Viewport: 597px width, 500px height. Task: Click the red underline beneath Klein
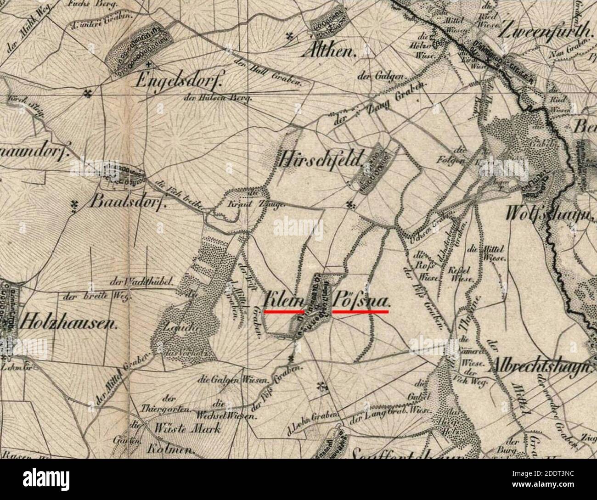point(284,312)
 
